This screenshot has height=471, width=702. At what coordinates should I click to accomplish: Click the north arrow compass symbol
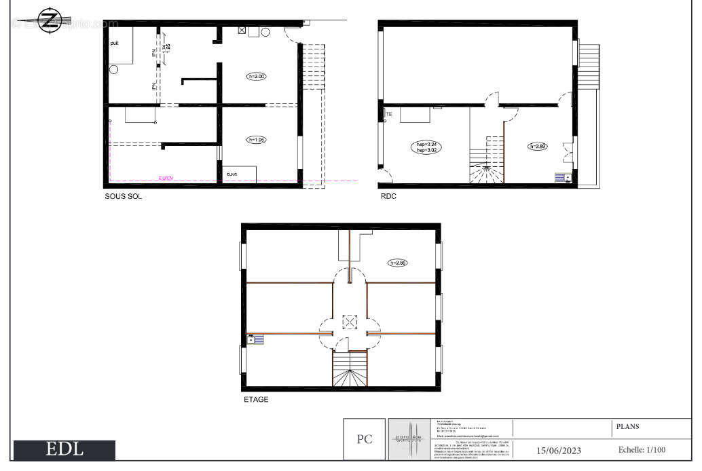pyautogui.click(x=48, y=20)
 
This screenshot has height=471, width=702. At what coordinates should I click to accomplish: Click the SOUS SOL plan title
pyautogui.click(x=123, y=197)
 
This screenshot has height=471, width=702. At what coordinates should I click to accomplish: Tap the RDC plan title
pyautogui.click(x=388, y=197)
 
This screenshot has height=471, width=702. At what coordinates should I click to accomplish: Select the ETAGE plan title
pyautogui.click(x=256, y=400)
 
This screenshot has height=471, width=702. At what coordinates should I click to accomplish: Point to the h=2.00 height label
pyautogui.click(x=257, y=77)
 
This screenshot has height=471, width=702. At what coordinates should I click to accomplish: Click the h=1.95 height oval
pyautogui.click(x=257, y=140)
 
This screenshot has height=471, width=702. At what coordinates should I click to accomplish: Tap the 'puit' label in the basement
pyautogui.click(x=115, y=43)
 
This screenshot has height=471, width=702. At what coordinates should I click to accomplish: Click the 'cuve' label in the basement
pyautogui.click(x=232, y=174)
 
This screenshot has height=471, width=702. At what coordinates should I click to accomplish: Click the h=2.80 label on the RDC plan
pyautogui.click(x=537, y=146)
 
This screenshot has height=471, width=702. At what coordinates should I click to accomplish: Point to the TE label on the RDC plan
pyautogui.click(x=389, y=114)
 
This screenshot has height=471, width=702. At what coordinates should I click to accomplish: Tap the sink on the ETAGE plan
pyautogui.click(x=255, y=339)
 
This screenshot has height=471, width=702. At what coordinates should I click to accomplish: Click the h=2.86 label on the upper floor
pyautogui.click(x=398, y=263)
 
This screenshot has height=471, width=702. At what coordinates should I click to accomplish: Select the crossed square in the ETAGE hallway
pyautogui.click(x=349, y=322)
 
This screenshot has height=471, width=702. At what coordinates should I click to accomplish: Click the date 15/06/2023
pyautogui.click(x=559, y=450)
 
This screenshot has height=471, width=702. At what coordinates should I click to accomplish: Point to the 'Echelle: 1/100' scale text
pyautogui.click(x=642, y=449)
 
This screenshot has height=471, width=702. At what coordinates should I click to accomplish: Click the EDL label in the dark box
pyautogui.click(x=64, y=449)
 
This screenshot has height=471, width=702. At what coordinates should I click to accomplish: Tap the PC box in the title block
pyautogui.click(x=365, y=439)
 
